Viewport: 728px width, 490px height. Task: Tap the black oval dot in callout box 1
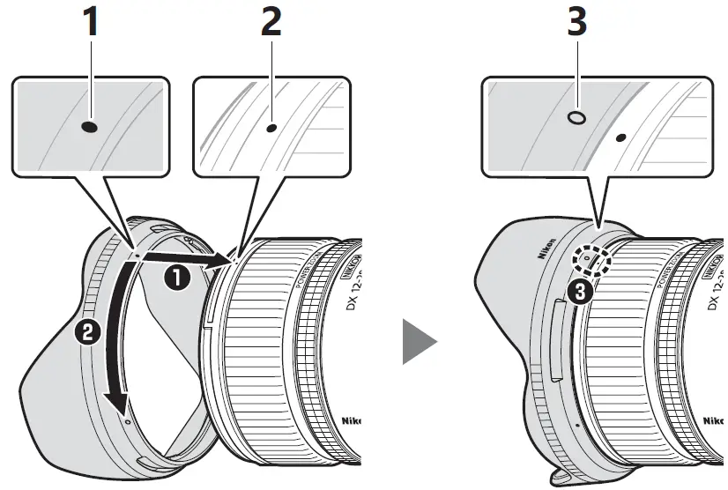point(89,127)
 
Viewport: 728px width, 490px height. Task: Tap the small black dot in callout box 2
point(271,128)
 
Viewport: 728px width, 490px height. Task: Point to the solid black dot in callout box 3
point(621,138)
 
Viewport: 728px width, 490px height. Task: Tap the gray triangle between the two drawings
point(418,341)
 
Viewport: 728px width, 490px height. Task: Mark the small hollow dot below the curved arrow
point(128,422)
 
